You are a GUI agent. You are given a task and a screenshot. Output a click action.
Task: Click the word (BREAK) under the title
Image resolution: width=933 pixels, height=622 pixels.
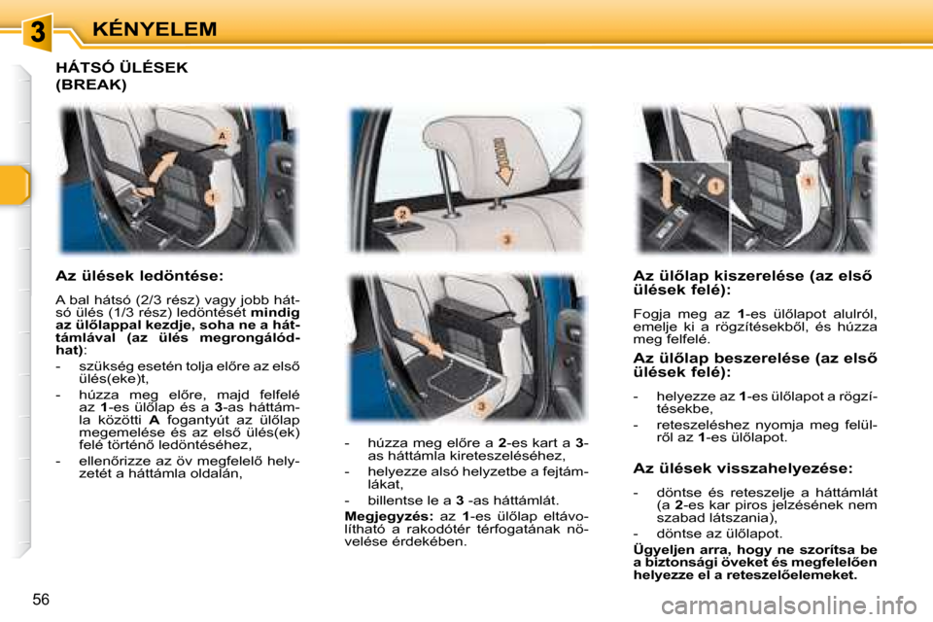pos(91,85)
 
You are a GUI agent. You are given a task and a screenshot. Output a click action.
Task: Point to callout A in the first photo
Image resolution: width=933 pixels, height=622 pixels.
pos(222,136)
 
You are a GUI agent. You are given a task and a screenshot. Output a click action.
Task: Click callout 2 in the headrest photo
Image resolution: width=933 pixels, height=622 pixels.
pos(400,211)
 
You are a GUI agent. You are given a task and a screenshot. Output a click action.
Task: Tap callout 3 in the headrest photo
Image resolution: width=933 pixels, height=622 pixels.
pos(505,238)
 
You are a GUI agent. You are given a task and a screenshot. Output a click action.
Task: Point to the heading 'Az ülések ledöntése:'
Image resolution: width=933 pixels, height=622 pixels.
pos(140,276)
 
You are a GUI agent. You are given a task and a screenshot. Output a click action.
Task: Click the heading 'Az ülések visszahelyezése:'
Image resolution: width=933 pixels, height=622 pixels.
pos(743,467)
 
